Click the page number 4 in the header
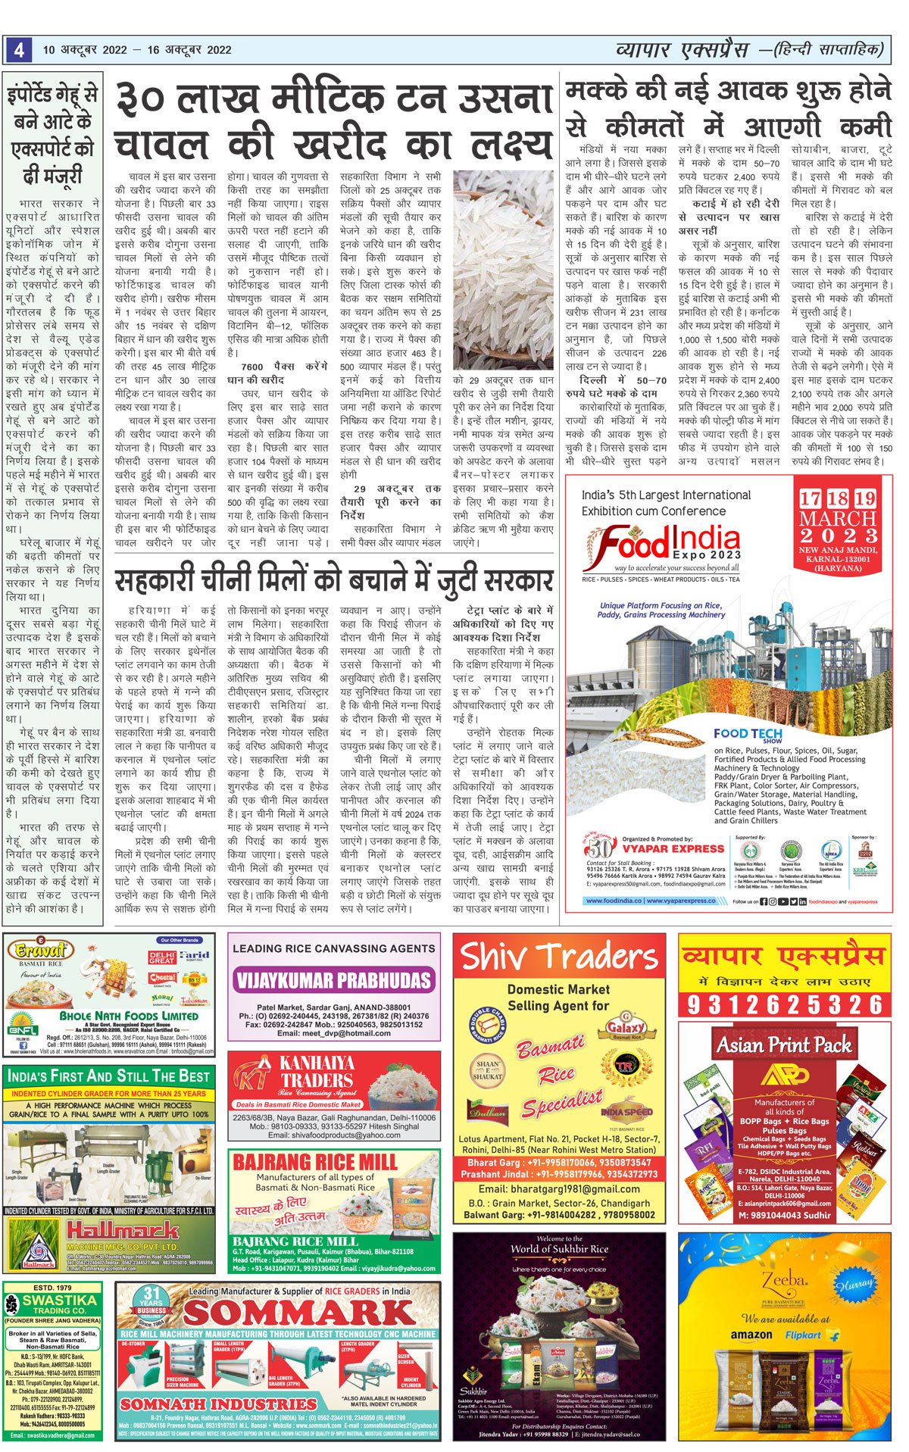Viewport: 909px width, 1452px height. coord(18,50)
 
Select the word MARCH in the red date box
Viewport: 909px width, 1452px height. coord(837,519)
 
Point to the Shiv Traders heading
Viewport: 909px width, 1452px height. coord(559,957)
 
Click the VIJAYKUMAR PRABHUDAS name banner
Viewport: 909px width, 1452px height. coord(333,980)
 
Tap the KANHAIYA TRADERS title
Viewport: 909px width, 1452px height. coord(317,1071)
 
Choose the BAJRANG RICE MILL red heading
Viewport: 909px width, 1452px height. coord(314,1162)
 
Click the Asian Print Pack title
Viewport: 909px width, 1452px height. coord(784,1045)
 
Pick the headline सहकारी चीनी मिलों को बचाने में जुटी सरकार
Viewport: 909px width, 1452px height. coord(333,581)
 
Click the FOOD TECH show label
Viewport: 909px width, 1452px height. coord(748,733)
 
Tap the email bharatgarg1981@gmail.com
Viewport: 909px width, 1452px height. coord(559,1188)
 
